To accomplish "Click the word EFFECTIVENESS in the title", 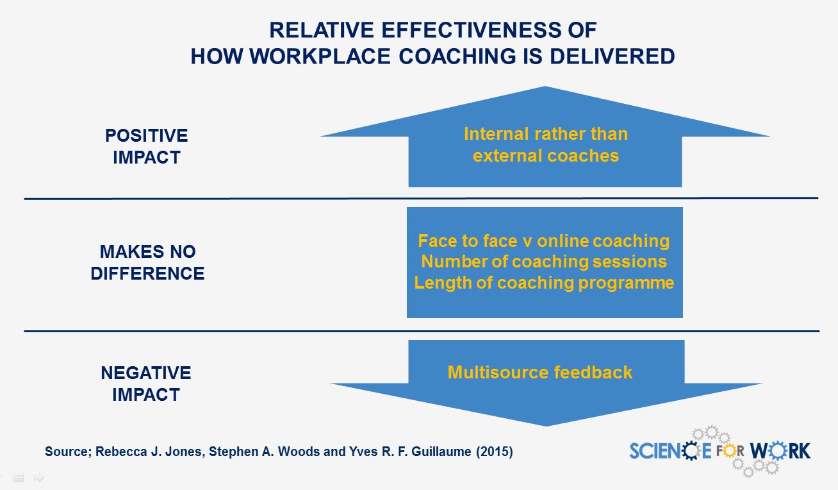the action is pyautogui.click(x=471, y=30).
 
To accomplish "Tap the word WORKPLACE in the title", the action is pyautogui.click(x=320, y=56).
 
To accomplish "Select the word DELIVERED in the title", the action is pyautogui.click(x=612, y=56).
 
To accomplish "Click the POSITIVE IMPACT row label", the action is pyautogui.click(x=147, y=146).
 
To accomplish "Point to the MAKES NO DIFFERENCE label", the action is pyautogui.click(x=147, y=262).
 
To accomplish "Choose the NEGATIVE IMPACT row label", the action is pyautogui.click(x=146, y=384).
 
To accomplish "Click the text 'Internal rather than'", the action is pyautogui.click(x=546, y=134).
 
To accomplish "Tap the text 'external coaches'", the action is pyautogui.click(x=546, y=156).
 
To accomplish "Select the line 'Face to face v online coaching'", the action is pyautogui.click(x=543, y=241).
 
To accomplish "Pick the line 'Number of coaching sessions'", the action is pyautogui.click(x=544, y=262).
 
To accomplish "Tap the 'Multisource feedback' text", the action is pyautogui.click(x=540, y=373).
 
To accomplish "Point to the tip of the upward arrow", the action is pyautogui.click(x=545, y=87).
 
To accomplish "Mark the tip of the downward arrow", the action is pyautogui.click(x=546, y=426).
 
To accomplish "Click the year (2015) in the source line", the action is pyautogui.click(x=494, y=452).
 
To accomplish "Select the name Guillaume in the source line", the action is pyautogui.click(x=441, y=452).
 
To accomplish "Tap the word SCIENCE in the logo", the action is pyautogui.click(x=670, y=451).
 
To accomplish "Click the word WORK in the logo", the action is pyautogui.click(x=780, y=451).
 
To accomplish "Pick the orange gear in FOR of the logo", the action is pyautogui.click(x=730, y=451).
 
